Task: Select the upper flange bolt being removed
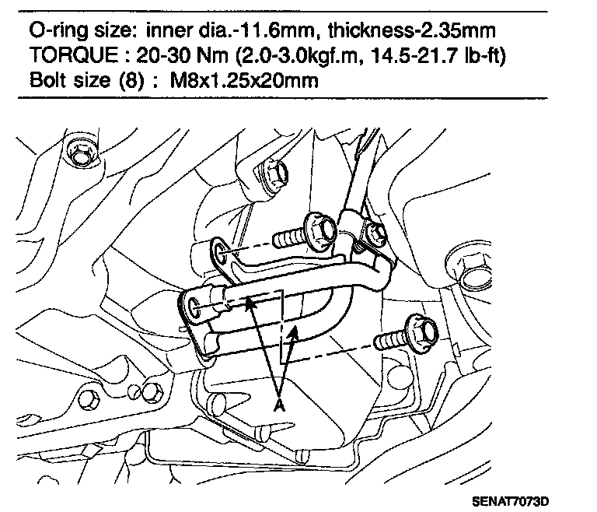[319, 230]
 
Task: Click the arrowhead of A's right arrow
[294, 332]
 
